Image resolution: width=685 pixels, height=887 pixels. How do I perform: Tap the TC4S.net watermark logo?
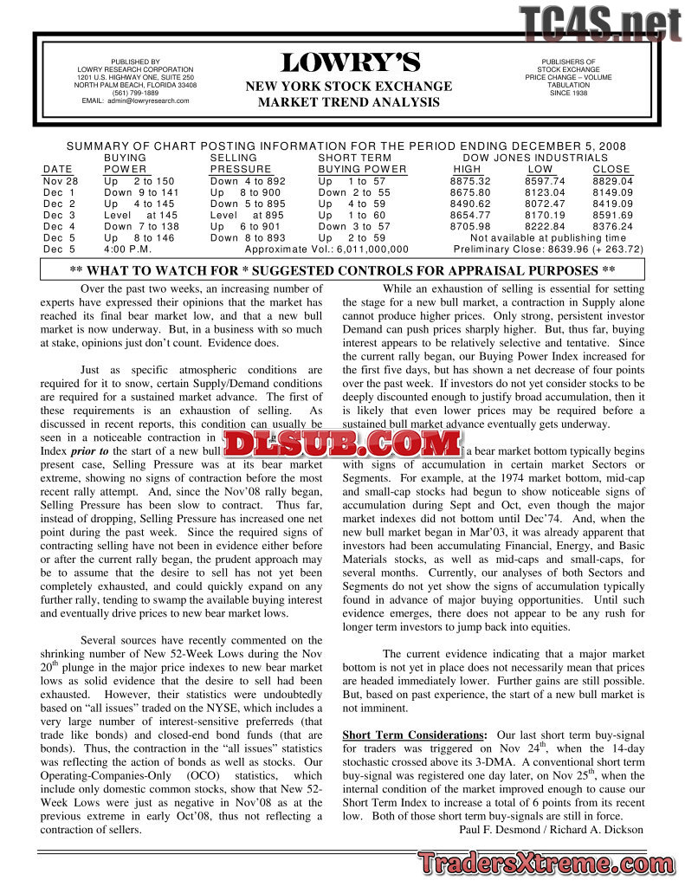(600, 23)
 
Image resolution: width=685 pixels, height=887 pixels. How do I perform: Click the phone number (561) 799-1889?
(135, 93)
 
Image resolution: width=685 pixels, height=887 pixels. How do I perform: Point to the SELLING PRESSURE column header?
(241, 164)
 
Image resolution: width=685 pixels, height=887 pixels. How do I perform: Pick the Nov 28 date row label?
(60, 181)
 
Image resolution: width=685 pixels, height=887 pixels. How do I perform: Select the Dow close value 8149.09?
(612, 192)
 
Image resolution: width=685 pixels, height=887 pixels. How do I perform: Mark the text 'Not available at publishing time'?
(548, 237)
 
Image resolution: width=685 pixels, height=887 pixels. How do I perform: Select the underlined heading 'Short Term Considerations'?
(412, 735)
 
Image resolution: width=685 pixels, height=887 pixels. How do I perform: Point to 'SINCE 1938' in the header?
(568, 93)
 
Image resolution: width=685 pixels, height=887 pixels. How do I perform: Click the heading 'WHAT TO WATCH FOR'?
(175, 270)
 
